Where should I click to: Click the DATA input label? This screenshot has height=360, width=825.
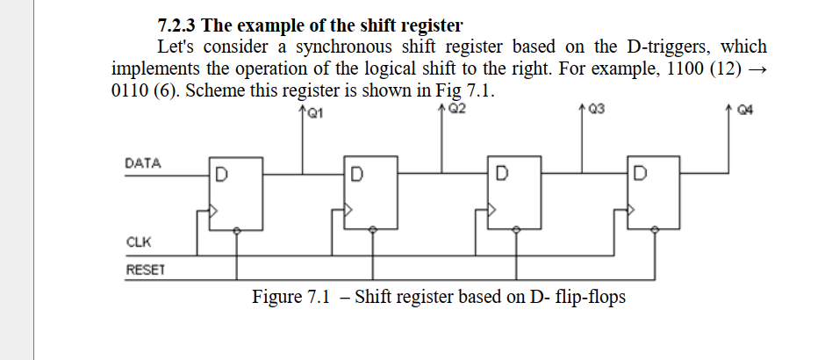click(x=143, y=163)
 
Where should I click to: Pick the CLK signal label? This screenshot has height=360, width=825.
click(x=137, y=241)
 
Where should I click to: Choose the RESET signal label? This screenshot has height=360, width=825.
click(x=144, y=269)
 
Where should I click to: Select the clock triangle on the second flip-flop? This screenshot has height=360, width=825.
click(x=348, y=211)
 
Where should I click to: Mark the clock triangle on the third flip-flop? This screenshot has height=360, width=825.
click(x=491, y=211)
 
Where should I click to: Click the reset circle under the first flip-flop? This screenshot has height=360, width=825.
click(x=237, y=231)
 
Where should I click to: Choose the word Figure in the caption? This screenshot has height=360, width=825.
click(x=277, y=297)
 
